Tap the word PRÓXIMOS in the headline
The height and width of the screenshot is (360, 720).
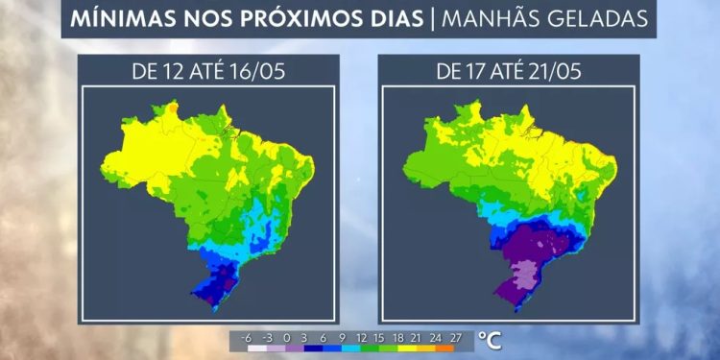click(x=290, y=19)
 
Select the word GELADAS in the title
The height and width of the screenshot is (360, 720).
click(x=592, y=19)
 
